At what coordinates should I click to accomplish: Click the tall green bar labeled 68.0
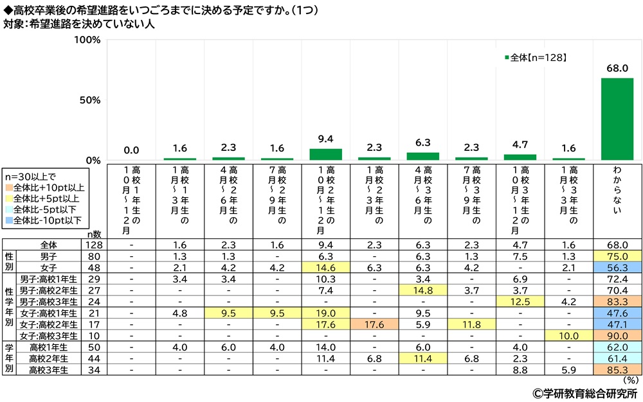617,119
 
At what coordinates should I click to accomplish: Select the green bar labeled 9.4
325,154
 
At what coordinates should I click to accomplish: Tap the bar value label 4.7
520,146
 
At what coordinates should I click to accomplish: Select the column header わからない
617,193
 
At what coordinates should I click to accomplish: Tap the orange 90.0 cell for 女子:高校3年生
617,335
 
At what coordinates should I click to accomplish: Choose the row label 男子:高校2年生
51,291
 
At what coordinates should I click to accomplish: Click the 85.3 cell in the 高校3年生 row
617,370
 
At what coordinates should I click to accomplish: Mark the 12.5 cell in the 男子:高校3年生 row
520,302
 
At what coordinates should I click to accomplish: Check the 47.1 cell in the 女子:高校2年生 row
617,324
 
